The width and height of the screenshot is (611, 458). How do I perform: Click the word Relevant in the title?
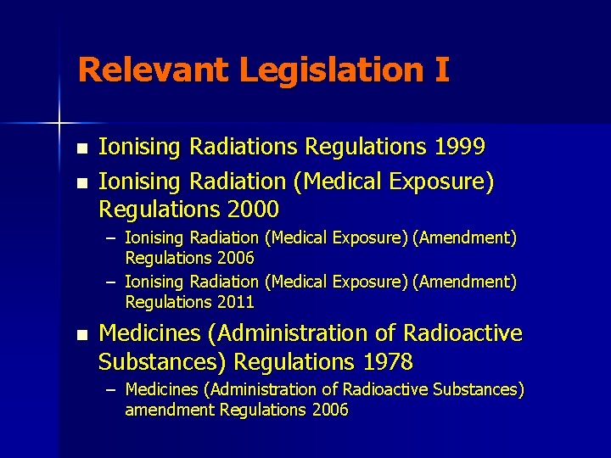pyautogui.click(x=153, y=70)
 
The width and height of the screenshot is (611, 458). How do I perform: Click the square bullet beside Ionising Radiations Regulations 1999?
pyautogui.click(x=81, y=148)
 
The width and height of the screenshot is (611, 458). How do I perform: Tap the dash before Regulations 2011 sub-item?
pyautogui.click(x=112, y=281)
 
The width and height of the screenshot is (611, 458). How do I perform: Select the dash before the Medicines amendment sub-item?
pyautogui.click(x=112, y=389)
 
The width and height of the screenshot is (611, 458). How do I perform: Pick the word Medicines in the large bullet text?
pyautogui.click(x=148, y=334)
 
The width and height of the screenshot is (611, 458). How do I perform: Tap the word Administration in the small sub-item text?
pyautogui.click(x=244, y=389)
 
